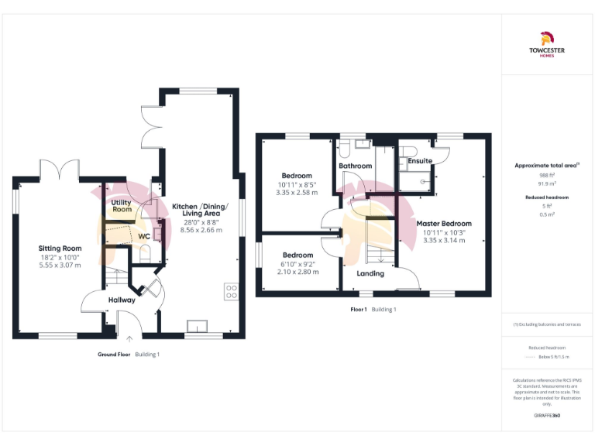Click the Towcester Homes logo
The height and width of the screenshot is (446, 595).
(547, 43)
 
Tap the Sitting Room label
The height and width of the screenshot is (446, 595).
(60, 248)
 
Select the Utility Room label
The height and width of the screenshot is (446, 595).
(122, 205)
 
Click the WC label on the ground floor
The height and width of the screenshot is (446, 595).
(144, 236)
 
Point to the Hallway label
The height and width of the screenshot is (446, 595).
(122, 300)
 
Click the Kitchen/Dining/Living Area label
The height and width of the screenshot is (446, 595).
(201, 213)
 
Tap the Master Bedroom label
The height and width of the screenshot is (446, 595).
(444, 224)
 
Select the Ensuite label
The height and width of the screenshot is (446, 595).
(420, 161)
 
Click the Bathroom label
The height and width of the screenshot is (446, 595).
(356, 166)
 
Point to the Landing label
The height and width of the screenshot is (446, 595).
(370, 273)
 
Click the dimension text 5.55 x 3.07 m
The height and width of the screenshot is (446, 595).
(60, 266)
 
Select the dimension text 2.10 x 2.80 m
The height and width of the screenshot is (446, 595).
(297, 272)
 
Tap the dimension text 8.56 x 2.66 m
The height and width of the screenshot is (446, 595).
(201, 230)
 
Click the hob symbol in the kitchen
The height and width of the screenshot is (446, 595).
(231, 290)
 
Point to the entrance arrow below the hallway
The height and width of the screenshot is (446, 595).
(129, 338)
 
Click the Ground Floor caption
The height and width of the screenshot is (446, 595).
(113, 354)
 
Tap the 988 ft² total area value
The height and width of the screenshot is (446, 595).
(548, 175)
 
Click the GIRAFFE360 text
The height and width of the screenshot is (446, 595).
(548, 416)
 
